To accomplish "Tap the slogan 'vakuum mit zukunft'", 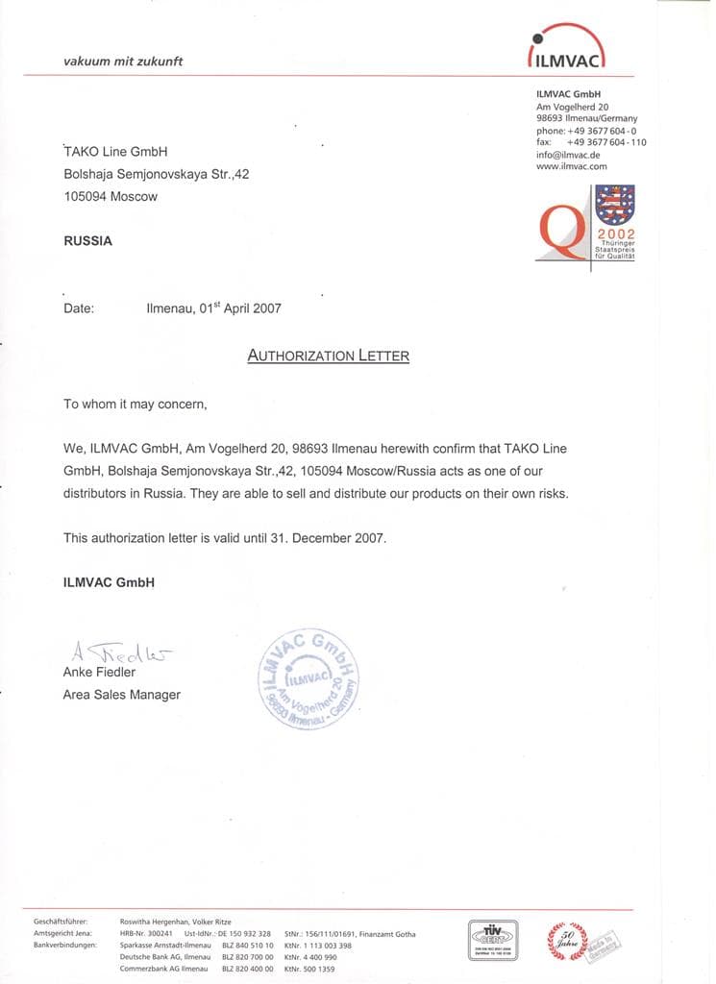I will (122, 61).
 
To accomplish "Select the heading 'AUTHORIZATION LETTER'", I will (328, 356).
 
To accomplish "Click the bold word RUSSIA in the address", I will (87, 241).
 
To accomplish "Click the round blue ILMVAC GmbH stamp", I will (309, 680).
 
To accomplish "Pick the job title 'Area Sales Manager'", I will (121, 695).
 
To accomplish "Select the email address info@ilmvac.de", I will (568, 155).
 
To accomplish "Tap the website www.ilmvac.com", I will (573, 166).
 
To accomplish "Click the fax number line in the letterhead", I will (591, 142).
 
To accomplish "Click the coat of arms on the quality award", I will (615, 204).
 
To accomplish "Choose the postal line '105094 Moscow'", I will (111, 196).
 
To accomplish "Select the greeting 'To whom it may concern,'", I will (135, 405).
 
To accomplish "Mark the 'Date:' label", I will (79, 308).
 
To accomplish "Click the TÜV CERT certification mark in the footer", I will (493, 935).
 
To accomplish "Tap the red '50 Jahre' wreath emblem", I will (565, 937).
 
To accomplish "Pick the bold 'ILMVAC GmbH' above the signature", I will (109, 582).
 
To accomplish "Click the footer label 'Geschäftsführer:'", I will (61, 922).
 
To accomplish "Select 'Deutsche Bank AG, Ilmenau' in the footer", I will (164, 957).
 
